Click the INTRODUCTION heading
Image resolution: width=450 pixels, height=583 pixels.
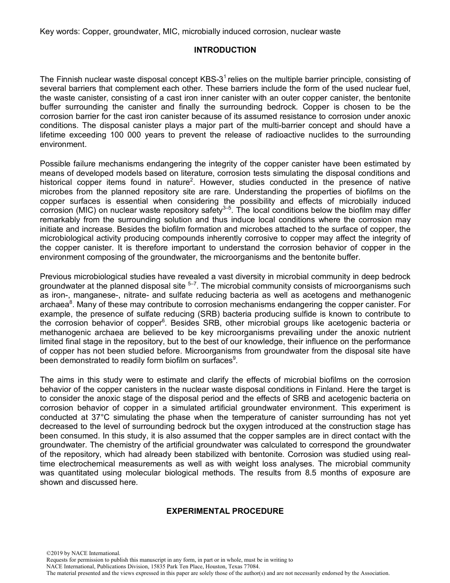click(x=225, y=50)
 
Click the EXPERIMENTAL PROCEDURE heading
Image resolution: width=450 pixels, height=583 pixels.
click(x=225, y=511)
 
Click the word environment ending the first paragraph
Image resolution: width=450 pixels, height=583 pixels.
click(x=61, y=144)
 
